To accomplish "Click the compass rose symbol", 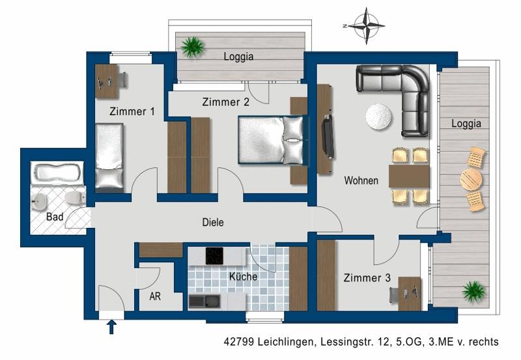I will point(366,27).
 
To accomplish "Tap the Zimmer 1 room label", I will point(132,111).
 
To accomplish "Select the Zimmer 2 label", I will point(225,102).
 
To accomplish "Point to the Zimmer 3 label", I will point(367,278).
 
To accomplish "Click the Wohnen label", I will point(361,180).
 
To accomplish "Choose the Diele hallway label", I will point(212,223).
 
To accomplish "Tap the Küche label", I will point(243,276).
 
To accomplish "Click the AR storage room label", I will point(155,296).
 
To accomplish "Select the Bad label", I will point(55,217).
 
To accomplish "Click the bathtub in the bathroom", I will point(57,173).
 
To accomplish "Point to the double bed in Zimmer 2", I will point(270,139).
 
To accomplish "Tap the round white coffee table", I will point(379,117).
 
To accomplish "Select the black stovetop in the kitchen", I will point(215,256).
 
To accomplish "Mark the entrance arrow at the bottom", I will point(111,325).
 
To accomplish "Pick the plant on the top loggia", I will point(192,46).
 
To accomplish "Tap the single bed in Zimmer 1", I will point(109,156).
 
